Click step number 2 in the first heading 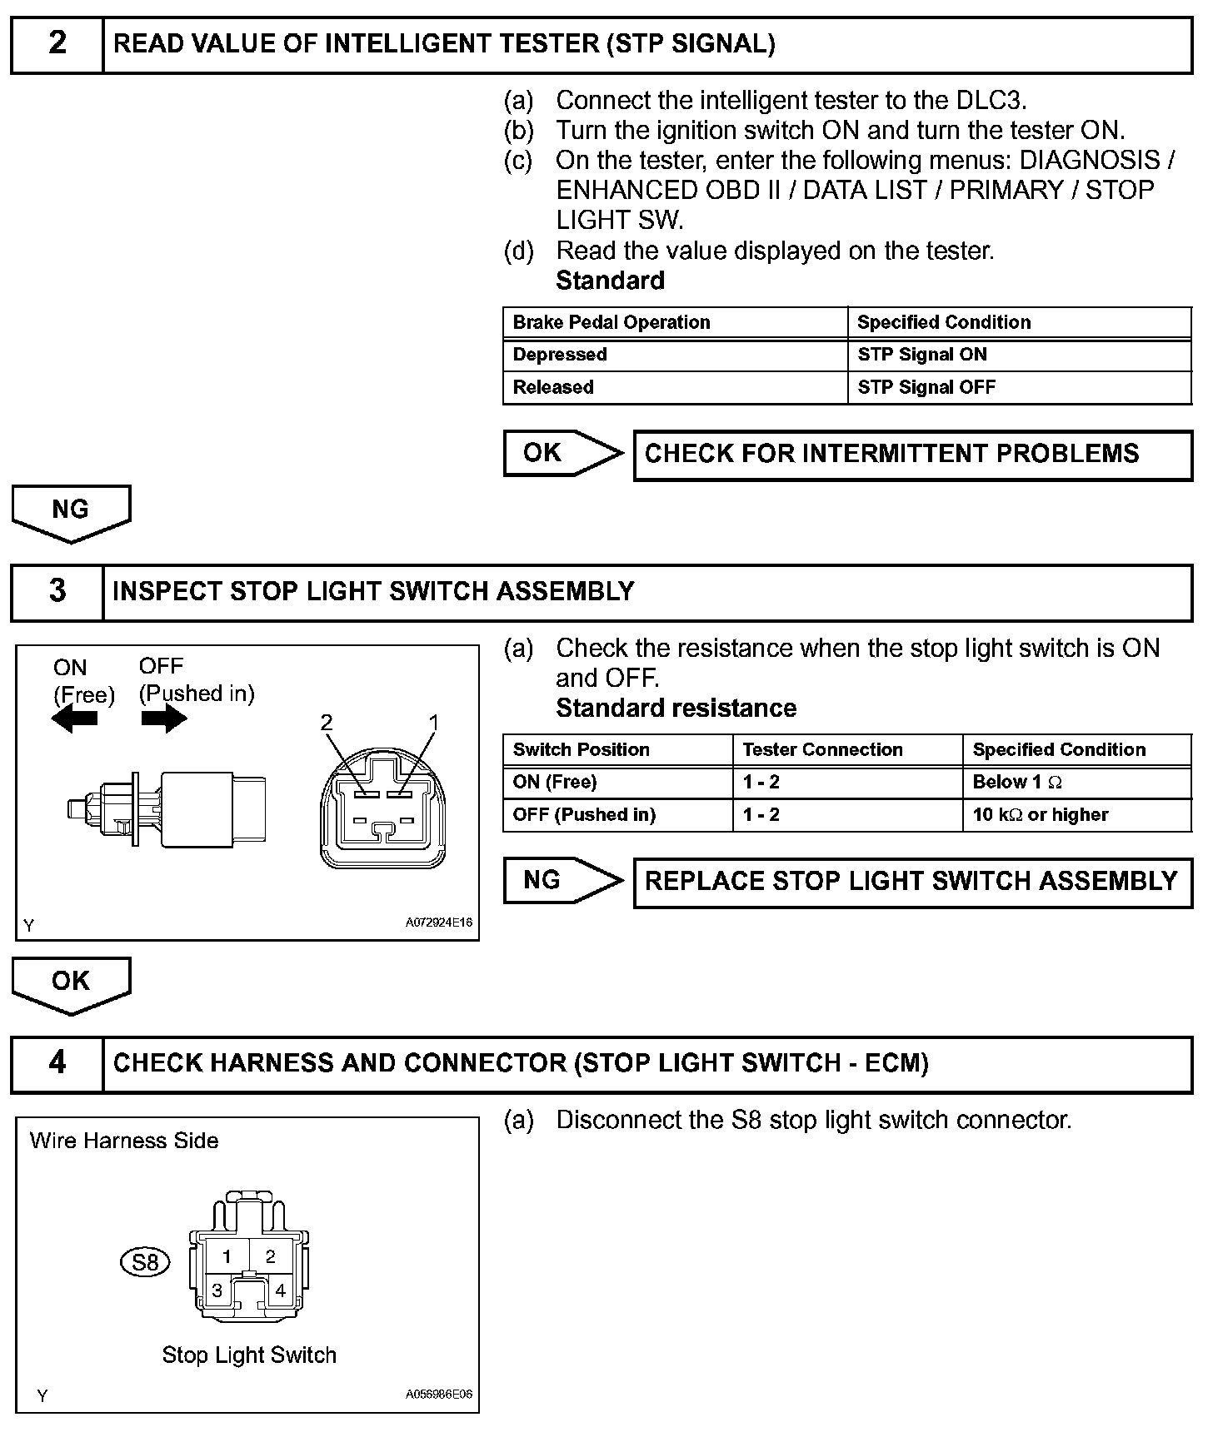click(57, 43)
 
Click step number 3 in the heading click(57, 590)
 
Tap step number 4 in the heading click(57, 1062)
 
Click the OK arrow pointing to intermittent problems click(562, 453)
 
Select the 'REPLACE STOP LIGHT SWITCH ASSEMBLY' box click(912, 882)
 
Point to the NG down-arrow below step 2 click(71, 512)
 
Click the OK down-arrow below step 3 click(71, 983)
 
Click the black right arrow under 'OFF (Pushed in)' click(164, 718)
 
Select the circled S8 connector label click(145, 1262)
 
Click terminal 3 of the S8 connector click(217, 1290)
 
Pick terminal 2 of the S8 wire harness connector click(270, 1256)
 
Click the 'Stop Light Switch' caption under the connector click(249, 1355)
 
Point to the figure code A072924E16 click(439, 922)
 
